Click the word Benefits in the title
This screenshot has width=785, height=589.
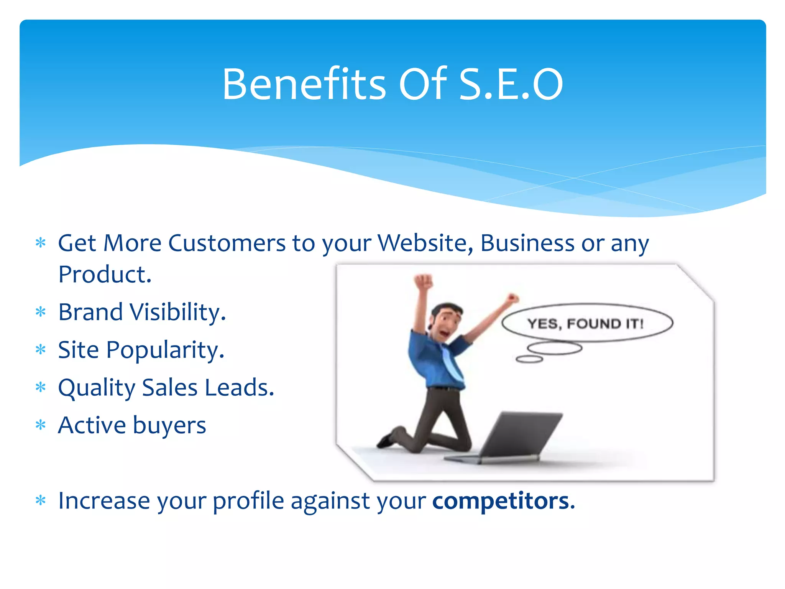point(304,84)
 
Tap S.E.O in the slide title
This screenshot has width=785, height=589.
point(511,84)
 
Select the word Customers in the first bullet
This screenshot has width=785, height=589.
point(227,243)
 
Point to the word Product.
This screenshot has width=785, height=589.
point(105,275)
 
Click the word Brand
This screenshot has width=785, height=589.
point(90,312)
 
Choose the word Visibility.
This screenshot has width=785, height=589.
point(178,313)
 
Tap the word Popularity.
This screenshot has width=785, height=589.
point(165,350)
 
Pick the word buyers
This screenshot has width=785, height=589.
point(169,426)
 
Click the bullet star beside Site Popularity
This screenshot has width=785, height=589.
point(40,350)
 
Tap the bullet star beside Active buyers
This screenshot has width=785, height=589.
point(40,425)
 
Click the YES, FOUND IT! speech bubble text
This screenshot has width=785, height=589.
point(585,324)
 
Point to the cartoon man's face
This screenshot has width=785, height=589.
point(445,324)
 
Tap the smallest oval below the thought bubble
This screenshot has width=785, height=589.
point(529,359)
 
